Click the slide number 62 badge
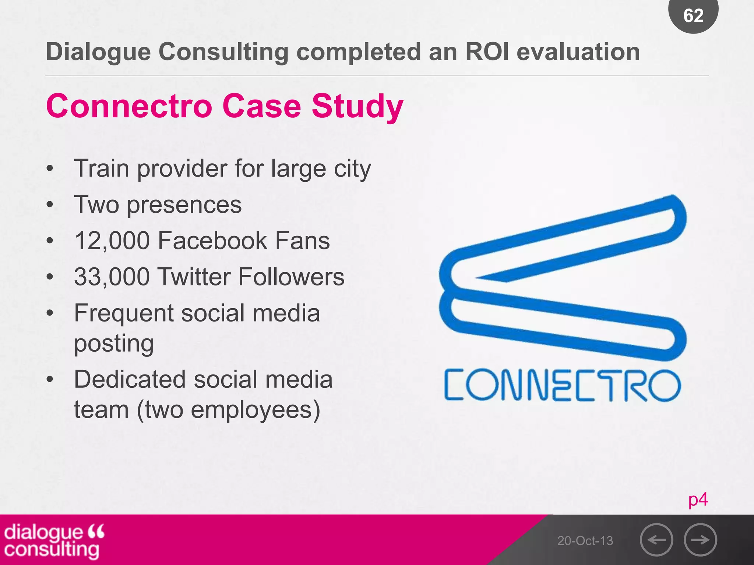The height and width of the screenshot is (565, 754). tap(693, 15)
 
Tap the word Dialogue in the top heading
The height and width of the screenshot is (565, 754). tap(98, 52)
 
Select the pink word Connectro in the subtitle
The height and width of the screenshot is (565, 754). tap(129, 106)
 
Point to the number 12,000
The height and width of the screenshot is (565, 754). tap(112, 241)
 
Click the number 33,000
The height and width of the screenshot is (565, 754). tap(112, 277)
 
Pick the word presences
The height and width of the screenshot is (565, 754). tap(184, 205)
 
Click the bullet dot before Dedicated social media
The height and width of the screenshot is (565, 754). tap(50, 380)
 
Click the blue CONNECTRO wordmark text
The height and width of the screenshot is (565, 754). tap(563, 385)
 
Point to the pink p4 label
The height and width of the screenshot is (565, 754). tap(698, 500)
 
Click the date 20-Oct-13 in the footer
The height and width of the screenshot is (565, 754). tap(585, 541)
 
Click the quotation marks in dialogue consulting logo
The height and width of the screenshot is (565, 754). tap(96, 531)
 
